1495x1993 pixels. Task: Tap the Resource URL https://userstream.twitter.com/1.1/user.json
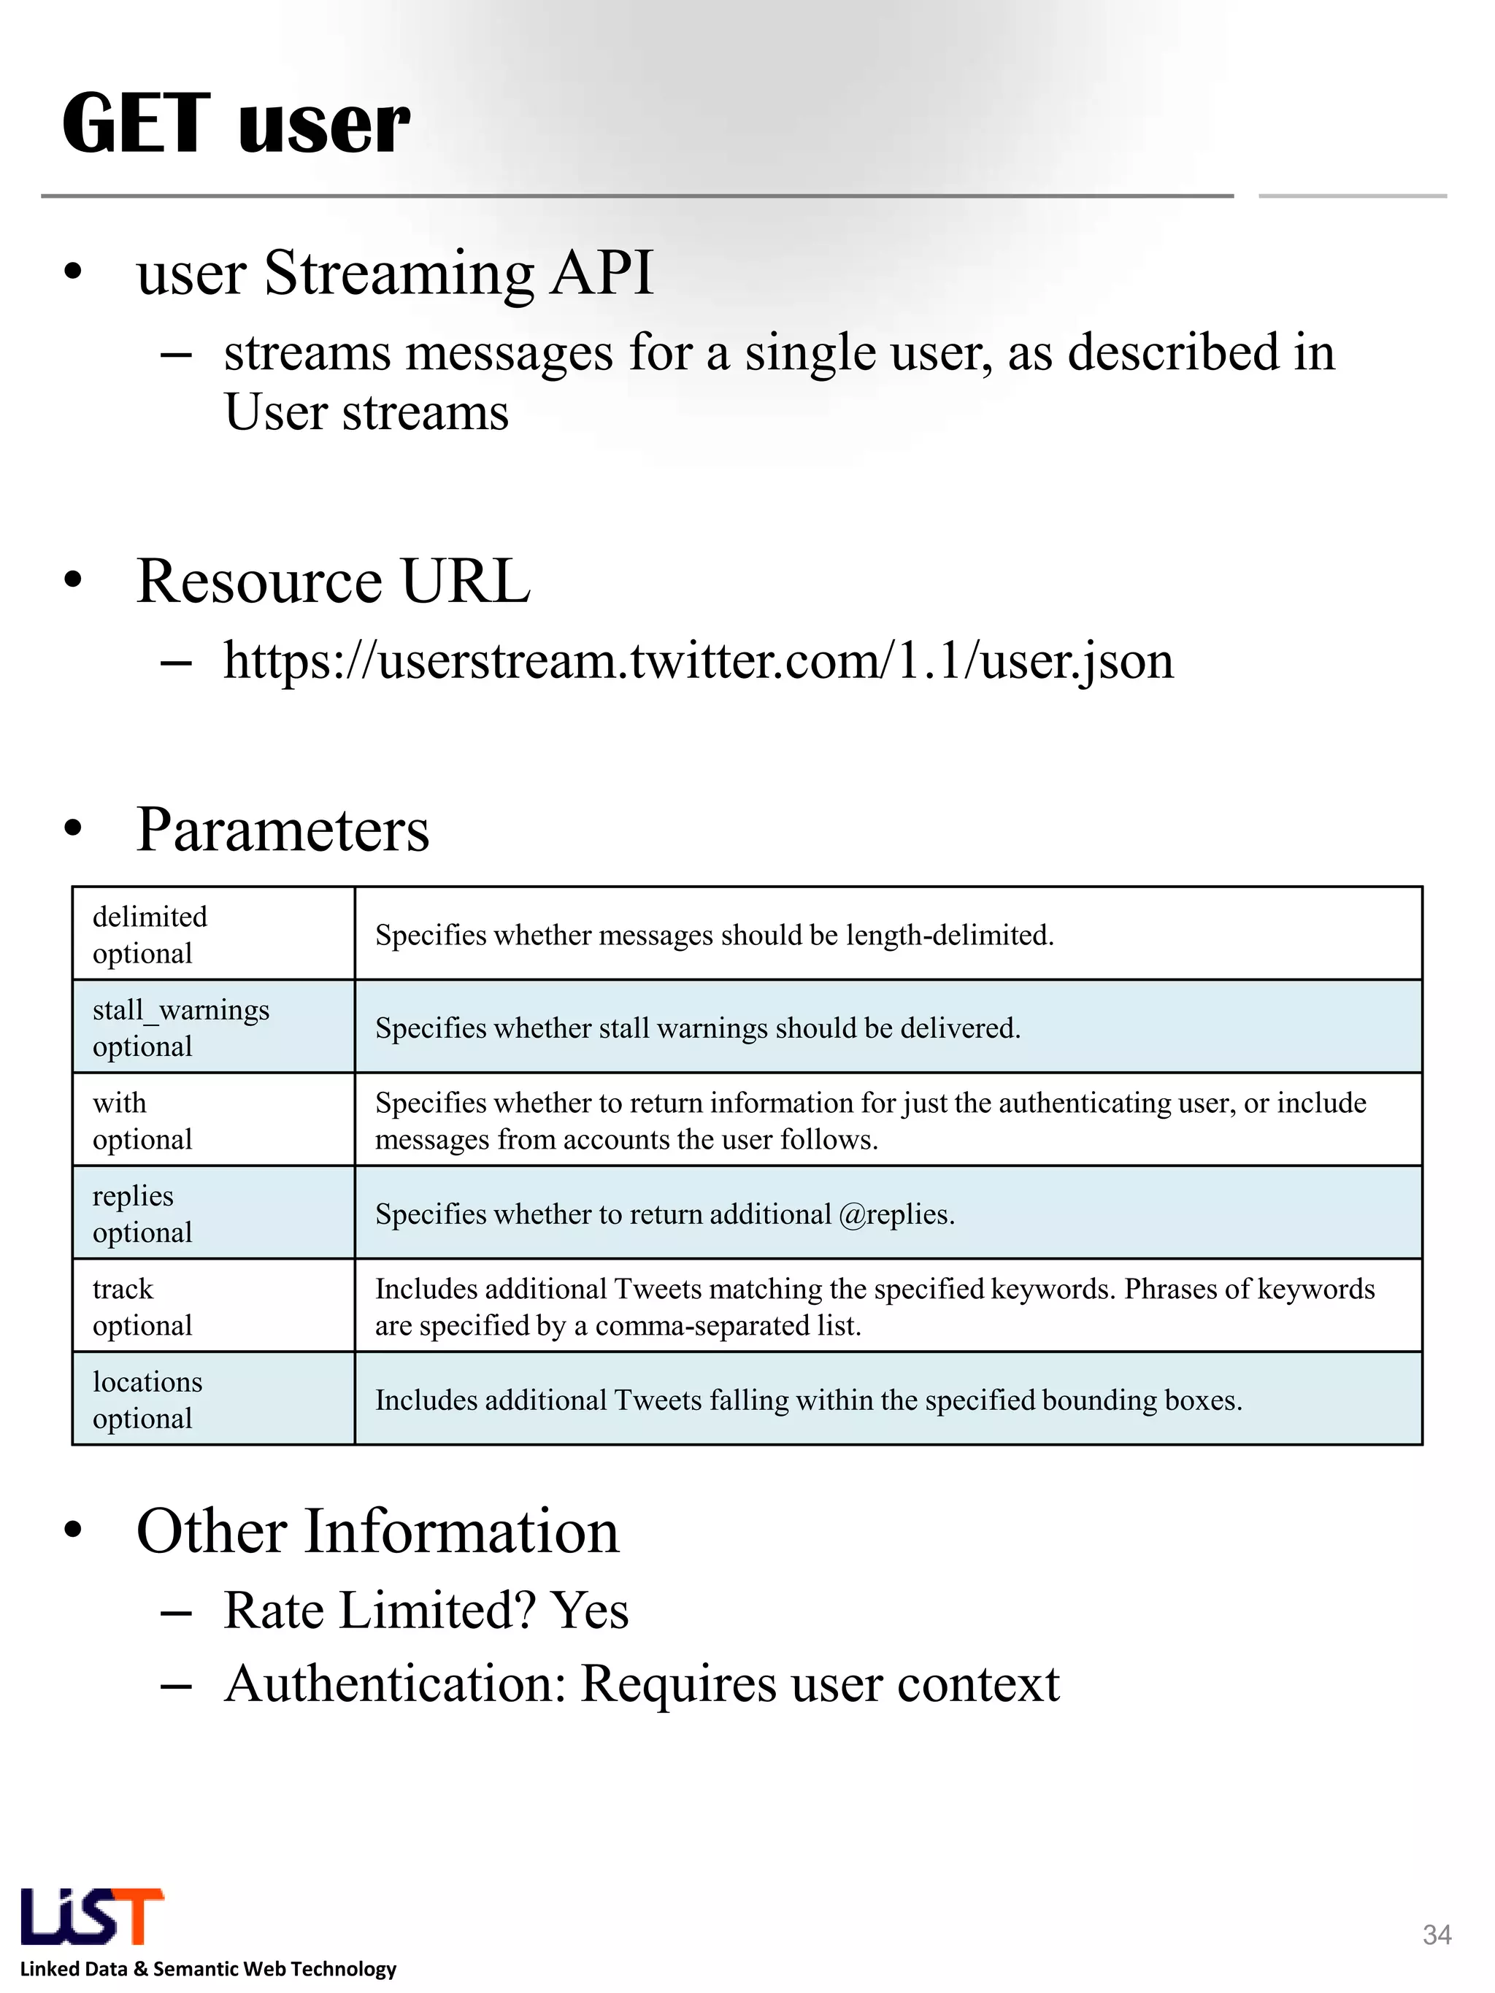[x=699, y=661]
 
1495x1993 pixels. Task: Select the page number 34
[x=1437, y=1935]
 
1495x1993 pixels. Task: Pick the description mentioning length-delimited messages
[x=714, y=936]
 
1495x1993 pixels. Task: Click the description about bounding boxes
[x=808, y=1400]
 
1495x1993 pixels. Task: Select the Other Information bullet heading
[x=377, y=1532]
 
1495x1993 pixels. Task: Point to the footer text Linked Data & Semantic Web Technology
[x=208, y=1969]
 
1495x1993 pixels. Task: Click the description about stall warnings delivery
[x=697, y=1028]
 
